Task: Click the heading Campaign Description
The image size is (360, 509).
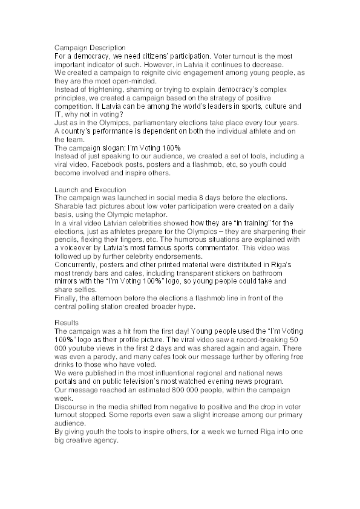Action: [90, 48]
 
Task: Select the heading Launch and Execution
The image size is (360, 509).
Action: [90, 190]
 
